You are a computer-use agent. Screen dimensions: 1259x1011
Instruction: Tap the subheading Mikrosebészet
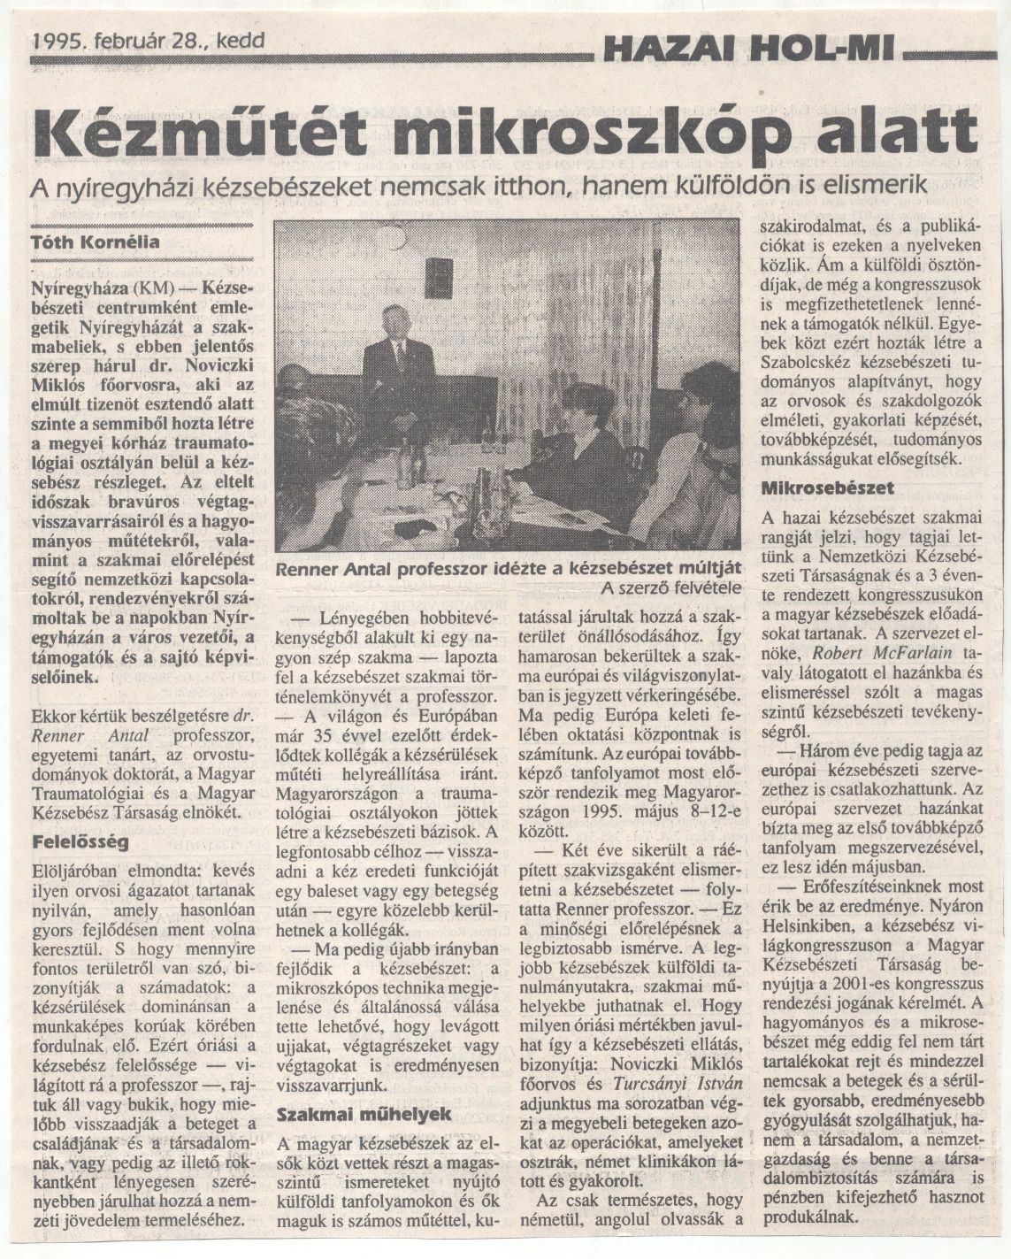tap(827, 487)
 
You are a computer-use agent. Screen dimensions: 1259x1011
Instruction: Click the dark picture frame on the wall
tap(438, 278)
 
